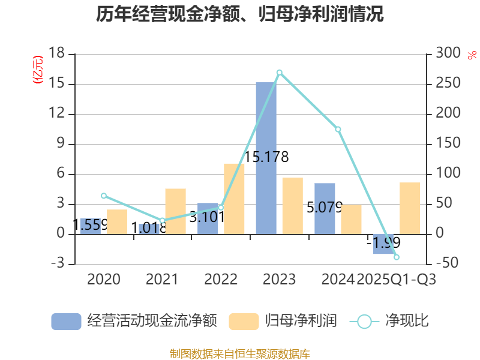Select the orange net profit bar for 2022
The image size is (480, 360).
(235, 199)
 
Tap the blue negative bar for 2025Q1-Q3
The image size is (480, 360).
(383, 244)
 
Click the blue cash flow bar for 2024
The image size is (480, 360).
(325, 208)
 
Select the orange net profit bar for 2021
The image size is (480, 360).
(176, 211)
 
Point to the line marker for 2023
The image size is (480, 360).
(280, 73)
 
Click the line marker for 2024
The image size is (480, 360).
(338, 129)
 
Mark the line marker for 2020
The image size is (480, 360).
(103, 196)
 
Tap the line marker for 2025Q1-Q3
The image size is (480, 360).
(397, 257)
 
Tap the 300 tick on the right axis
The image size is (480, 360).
(447, 54)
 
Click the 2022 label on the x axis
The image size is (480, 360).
(221, 280)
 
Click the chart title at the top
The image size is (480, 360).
(240, 14)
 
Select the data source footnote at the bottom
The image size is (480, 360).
(240, 353)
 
